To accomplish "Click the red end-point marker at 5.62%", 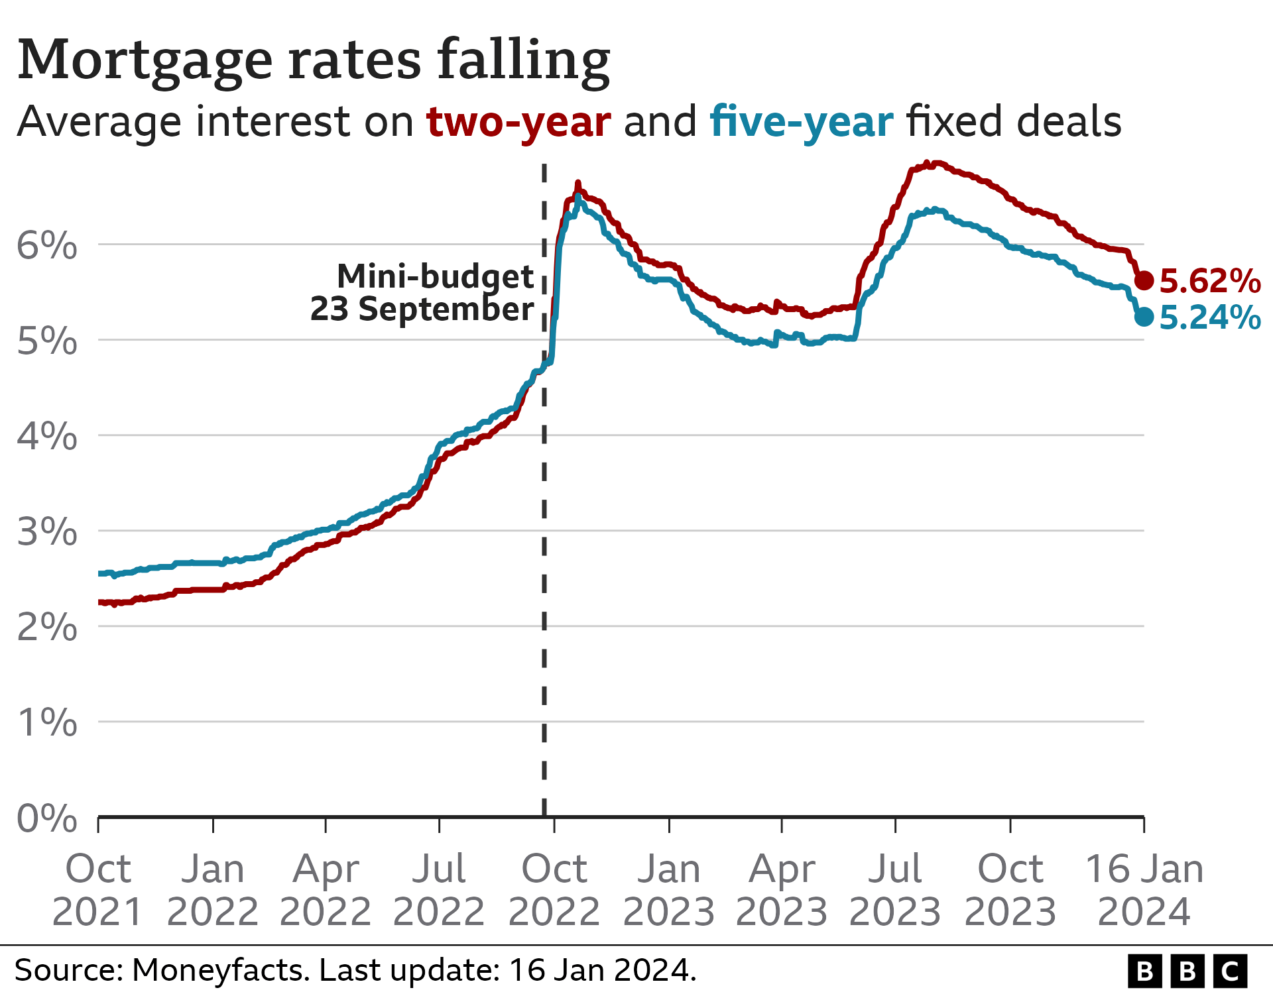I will pyautogui.click(x=1144, y=280).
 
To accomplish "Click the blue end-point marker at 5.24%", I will pyautogui.click(x=1144, y=317).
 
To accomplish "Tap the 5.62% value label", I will pyautogui.click(x=1210, y=281).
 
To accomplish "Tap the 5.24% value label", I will pyautogui.click(x=1210, y=317).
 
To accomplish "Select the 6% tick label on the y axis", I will pyautogui.click(x=46, y=246).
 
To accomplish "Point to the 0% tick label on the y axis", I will pyautogui.click(x=46, y=818).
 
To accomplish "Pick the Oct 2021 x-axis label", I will pyautogui.click(x=98, y=890).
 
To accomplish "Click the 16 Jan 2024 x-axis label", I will pyautogui.click(x=1144, y=890).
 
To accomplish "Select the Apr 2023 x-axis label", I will pyautogui.click(x=782, y=890).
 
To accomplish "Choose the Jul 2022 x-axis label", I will pyautogui.click(x=439, y=890).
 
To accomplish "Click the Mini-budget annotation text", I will pyautogui.click(x=435, y=276).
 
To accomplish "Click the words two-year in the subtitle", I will pyautogui.click(x=518, y=122).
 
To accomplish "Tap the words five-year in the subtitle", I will pyautogui.click(x=801, y=122).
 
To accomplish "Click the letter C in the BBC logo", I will pyautogui.click(x=1230, y=971).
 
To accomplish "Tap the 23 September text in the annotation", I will pyautogui.click(x=422, y=309).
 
